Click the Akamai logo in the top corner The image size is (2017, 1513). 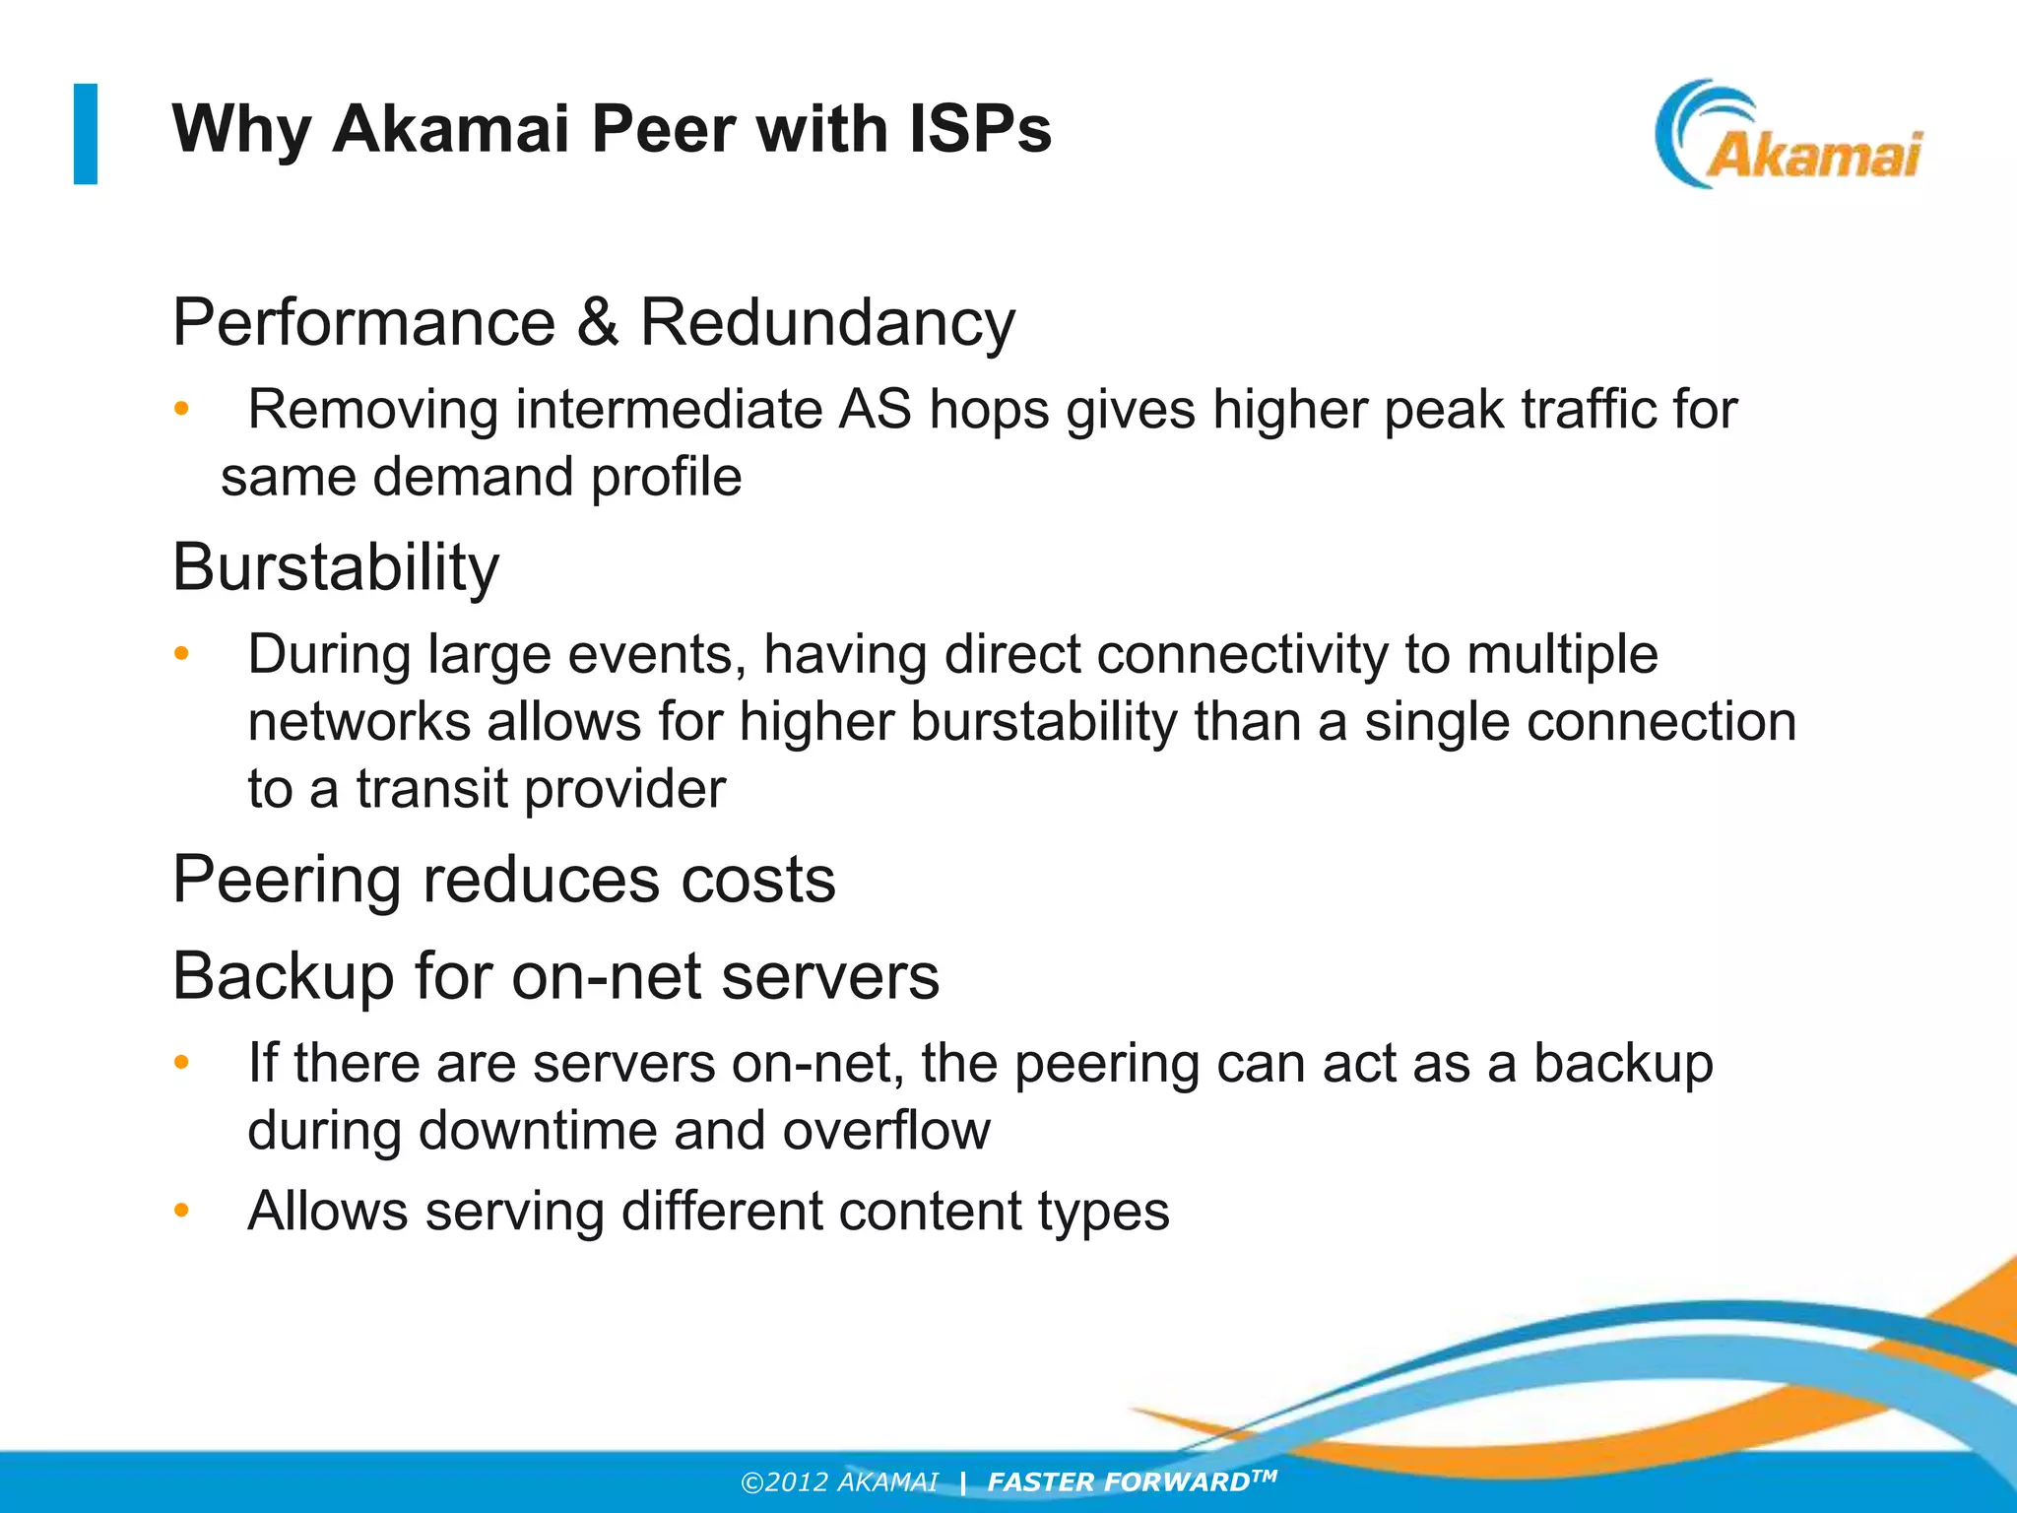1789,135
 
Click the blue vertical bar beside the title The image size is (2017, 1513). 86,134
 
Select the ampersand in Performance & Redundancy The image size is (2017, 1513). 598,322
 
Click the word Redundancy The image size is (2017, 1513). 827,322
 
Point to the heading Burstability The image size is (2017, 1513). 336,567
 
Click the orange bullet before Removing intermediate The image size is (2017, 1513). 181,409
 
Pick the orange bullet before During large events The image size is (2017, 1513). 181,654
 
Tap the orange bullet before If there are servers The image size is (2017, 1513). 181,1063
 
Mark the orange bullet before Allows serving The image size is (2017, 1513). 181,1211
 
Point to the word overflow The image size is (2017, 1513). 886,1130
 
